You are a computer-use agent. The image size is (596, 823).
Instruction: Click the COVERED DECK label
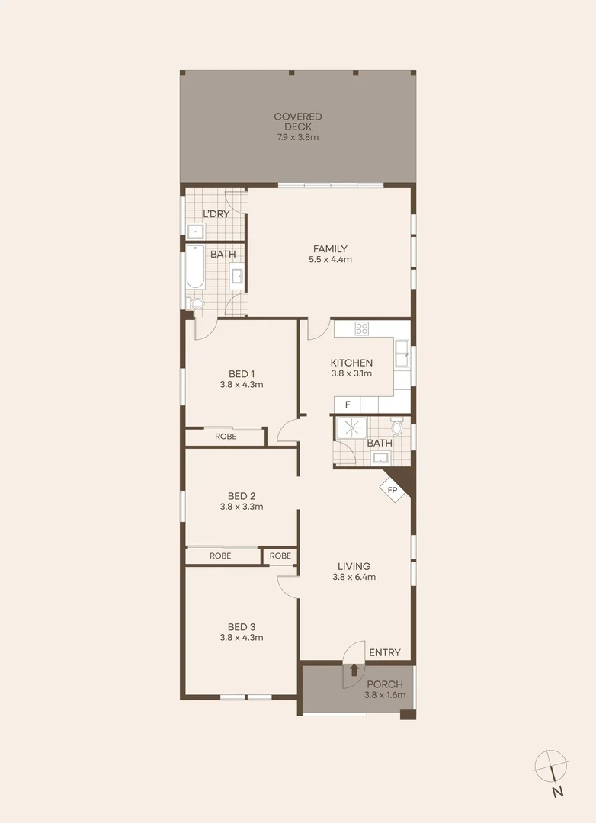coord(298,122)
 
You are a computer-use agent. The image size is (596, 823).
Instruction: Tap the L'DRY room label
coord(216,214)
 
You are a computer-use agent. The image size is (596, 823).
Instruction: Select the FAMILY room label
coord(330,249)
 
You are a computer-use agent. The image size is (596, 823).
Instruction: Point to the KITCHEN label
coord(351,363)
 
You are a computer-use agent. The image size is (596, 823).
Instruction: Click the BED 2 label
coord(241,495)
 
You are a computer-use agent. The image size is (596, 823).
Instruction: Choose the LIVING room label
coord(354,566)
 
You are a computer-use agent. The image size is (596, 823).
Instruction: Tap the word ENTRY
coord(384,652)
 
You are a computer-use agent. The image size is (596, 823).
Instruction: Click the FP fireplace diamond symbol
coord(393,489)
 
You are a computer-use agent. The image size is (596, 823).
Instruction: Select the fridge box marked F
coord(348,405)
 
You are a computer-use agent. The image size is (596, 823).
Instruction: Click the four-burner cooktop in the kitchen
coord(361,328)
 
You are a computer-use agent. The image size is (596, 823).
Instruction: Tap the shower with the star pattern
coord(351,428)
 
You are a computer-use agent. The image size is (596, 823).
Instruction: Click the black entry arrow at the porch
coord(354,671)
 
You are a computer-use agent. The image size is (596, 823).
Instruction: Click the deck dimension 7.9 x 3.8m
coord(298,138)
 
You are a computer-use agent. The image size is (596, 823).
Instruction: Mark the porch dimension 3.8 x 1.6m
coord(384,695)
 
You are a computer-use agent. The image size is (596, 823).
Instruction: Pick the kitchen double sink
coord(402,354)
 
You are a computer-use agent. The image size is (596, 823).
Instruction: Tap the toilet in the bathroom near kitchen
coord(397,427)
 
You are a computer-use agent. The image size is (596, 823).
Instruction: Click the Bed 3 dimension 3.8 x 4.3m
coord(241,637)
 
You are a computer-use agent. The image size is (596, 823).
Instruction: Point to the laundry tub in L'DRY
coord(194,231)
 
